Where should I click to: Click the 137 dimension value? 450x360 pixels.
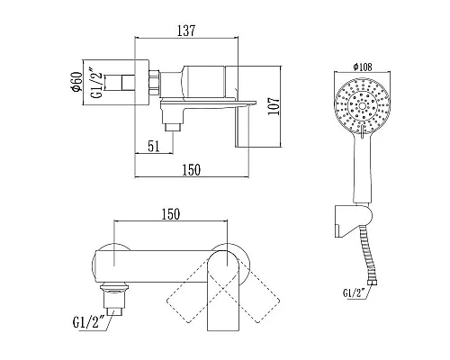(186, 31)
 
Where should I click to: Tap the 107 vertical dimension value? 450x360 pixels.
(274, 105)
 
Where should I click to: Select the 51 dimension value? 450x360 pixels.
(154, 146)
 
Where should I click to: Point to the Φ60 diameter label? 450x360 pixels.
(76, 82)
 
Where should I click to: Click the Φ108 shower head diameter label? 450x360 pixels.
(363, 67)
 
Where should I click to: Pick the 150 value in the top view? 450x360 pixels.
(192, 170)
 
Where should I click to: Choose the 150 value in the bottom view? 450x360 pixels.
(171, 214)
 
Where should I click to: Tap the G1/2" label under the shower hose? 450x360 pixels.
(354, 292)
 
